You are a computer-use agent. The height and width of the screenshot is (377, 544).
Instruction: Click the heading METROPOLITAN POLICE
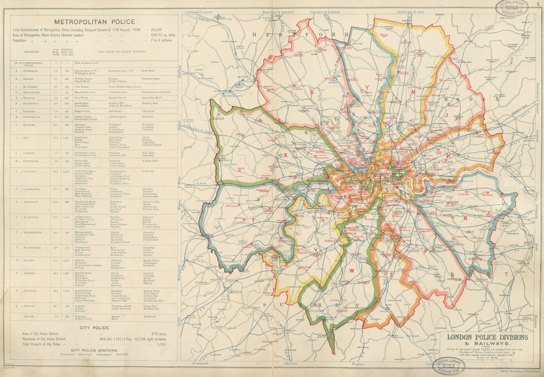tap(95, 22)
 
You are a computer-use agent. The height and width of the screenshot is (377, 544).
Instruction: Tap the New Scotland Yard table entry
tap(87, 63)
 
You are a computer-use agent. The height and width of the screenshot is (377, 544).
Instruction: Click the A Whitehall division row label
tap(29, 71)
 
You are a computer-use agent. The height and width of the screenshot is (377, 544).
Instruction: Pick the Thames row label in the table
tap(29, 316)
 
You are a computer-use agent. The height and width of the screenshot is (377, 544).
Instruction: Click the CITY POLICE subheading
tap(94, 328)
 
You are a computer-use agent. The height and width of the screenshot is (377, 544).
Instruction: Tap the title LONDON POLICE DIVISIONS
tap(487, 337)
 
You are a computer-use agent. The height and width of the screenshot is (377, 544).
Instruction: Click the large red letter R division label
tap(465, 219)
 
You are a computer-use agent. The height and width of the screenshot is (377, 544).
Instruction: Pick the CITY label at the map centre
tap(385, 174)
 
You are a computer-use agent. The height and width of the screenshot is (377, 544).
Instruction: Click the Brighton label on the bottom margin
tap(358, 364)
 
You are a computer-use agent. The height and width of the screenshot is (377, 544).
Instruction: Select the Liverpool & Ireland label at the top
tap(198, 12)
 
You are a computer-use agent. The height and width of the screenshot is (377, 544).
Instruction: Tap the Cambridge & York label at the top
tap(410, 12)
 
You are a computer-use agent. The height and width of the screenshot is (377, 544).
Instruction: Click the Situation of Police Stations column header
tap(122, 52)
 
